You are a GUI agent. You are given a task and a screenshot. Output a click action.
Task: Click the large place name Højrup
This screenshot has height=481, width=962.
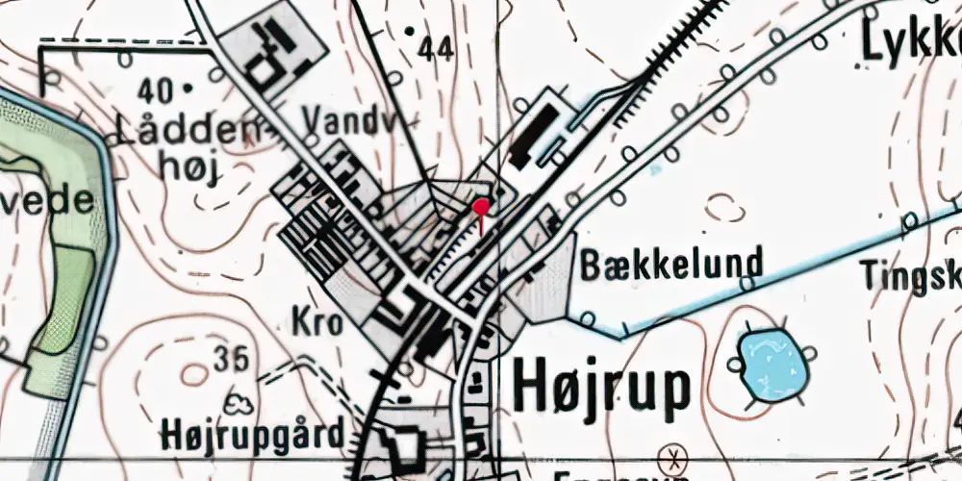click(602, 390)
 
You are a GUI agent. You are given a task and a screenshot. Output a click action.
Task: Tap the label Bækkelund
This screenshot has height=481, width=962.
click(671, 263)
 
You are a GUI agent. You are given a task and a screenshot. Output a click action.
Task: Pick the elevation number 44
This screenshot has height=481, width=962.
click(437, 51)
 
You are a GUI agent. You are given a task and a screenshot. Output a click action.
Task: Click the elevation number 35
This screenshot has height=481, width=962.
click(231, 359)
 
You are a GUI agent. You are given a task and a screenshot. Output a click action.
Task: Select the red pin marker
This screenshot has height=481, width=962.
click(481, 207)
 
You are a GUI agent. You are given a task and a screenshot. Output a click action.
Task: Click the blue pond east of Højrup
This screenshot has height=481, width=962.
click(770, 364)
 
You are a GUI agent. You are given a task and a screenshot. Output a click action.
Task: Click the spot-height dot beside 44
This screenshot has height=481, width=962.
click(410, 32)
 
